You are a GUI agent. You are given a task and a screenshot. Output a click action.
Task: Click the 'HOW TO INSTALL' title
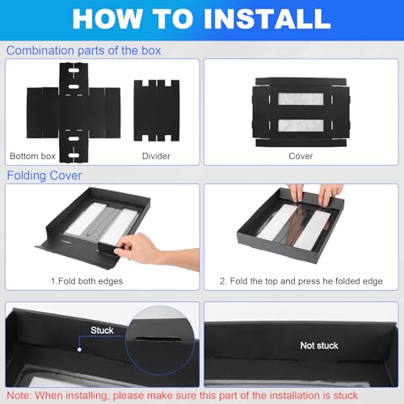point(201,19)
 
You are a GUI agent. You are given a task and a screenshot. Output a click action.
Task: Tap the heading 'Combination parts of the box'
point(84,51)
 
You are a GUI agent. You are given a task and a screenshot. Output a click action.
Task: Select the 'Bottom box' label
point(32,156)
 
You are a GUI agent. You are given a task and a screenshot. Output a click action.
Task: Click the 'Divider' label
point(156,156)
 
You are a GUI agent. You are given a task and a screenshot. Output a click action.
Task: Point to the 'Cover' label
point(301,156)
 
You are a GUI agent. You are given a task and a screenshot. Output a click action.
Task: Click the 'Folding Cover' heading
point(44,175)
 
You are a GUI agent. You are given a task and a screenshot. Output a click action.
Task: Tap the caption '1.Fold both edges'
point(87,281)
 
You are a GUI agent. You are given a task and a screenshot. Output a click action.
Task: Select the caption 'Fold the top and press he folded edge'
point(306,281)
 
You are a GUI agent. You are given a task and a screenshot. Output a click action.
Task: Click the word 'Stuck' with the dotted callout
point(102,330)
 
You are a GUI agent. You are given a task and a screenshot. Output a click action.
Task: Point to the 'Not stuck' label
point(319,345)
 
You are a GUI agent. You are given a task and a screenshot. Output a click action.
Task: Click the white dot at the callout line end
point(79,350)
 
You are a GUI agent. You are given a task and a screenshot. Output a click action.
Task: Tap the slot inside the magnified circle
point(158,339)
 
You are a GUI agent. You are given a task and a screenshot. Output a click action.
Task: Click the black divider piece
point(157,111)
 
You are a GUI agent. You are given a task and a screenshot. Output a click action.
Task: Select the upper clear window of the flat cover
point(301,99)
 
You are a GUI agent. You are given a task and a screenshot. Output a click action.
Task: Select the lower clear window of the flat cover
point(301,125)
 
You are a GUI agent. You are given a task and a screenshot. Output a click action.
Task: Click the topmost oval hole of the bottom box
point(74,70)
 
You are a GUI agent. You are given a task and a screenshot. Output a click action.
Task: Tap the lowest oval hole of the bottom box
point(74,155)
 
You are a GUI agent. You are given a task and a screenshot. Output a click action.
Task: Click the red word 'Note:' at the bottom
point(19,396)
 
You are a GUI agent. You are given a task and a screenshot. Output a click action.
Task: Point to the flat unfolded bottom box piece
point(74,112)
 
